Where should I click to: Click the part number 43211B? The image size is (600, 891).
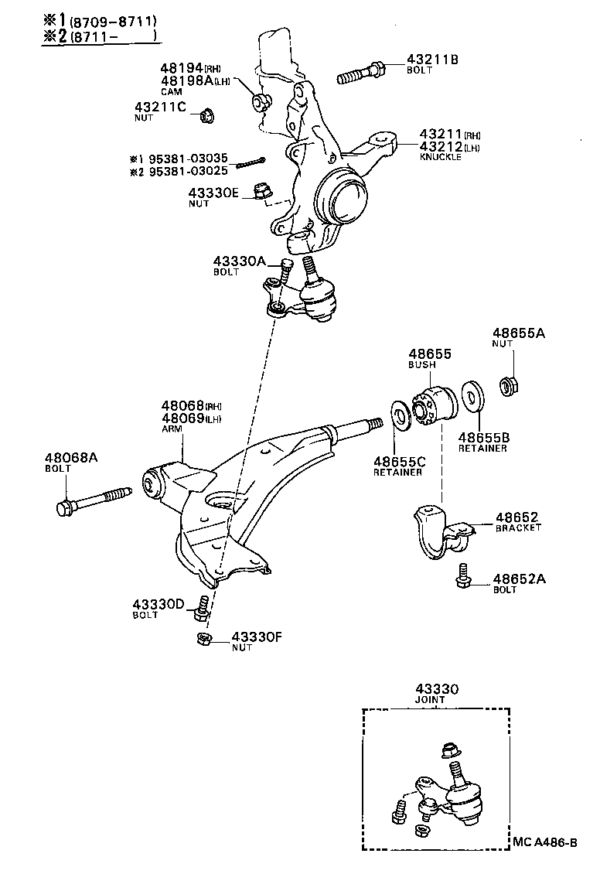point(431,59)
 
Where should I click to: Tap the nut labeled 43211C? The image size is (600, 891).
point(206,116)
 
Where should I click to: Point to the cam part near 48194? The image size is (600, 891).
point(260,101)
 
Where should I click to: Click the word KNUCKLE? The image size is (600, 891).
point(440,157)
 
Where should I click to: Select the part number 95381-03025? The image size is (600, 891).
point(188,171)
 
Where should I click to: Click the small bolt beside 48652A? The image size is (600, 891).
point(463,574)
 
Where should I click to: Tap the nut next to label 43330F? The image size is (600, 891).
point(203,639)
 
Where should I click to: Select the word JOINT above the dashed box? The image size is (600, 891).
point(431,699)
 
